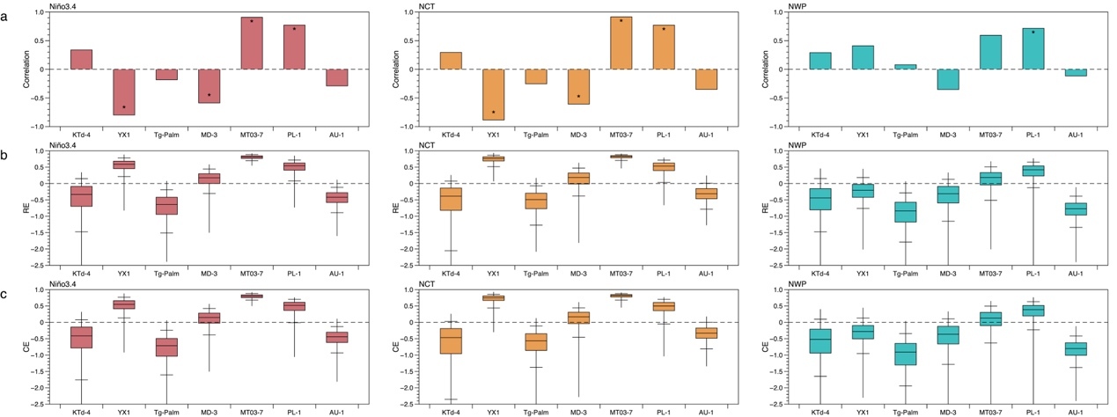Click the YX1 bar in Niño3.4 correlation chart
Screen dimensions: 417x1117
tap(124, 91)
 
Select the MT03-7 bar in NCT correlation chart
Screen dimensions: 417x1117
tap(621, 43)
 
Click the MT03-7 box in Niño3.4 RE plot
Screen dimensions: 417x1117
tap(252, 157)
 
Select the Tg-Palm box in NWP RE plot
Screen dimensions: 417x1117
tap(906, 212)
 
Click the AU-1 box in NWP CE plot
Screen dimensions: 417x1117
tap(1076, 348)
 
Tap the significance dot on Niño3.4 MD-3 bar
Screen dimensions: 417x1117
tap(209, 95)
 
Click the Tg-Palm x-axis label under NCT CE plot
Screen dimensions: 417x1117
tap(537, 411)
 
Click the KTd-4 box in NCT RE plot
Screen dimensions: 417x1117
tap(452, 198)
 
